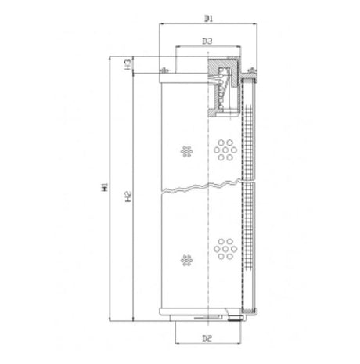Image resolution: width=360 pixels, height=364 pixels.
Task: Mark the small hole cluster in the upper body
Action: [x=185, y=150]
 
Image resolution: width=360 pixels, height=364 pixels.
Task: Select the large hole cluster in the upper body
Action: [x=225, y=148]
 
